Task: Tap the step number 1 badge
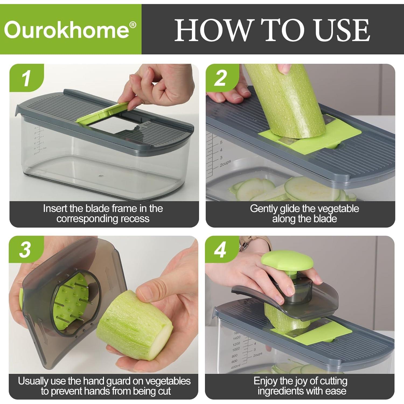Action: click(x=26, y=78)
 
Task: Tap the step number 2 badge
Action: click(x=220, y=78)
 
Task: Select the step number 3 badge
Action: click(x=25, y=250)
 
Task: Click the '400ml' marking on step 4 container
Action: click(x=235, y=367)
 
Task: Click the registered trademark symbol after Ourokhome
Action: click(x=133, y=25)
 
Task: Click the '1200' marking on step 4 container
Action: click(x=236, y=344)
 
